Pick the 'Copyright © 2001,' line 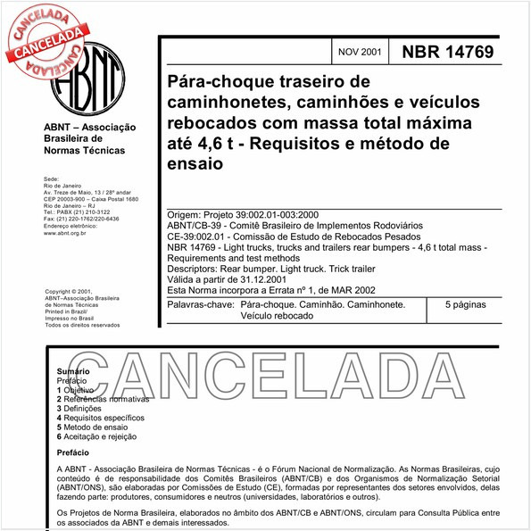[x=68, y=292]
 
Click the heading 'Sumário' [x=72, y=370]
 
